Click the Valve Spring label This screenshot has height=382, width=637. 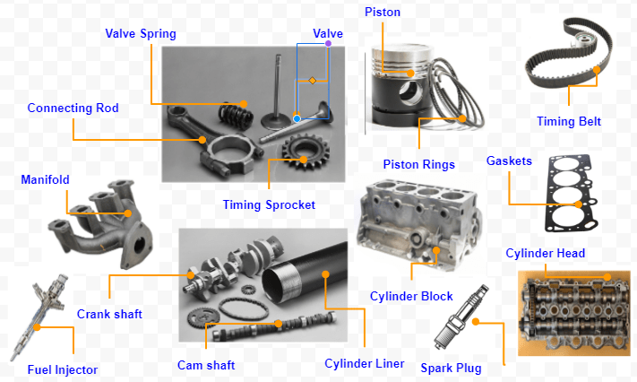[x=141, y=34]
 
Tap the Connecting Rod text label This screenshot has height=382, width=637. [x=73, y=109]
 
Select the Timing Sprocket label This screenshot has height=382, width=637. [x=269, y=204]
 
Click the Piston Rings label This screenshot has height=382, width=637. [x=418, y=164]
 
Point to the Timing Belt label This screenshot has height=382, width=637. [x=569, y=122]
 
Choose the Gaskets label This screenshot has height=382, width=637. [x=509, y=161]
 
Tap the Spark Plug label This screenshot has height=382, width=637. [x=450, y=368]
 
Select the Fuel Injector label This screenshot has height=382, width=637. [x=63, y=369]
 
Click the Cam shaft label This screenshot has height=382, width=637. [x=206, y=365]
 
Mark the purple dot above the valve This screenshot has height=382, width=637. [x=329, y=43]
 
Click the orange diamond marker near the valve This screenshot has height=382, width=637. [x=313, y=81]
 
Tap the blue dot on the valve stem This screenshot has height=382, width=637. [x=297, y=118]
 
